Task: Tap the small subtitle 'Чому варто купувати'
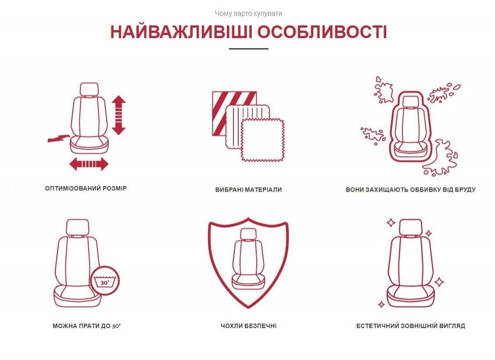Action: tap(248, 14)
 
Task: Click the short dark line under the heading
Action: tap(249, 49)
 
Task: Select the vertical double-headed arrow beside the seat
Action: tap(118, 115)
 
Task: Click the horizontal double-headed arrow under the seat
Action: tap(89, 164)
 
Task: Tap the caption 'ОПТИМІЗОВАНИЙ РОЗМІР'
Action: tap(86, 189)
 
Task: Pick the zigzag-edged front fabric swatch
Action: tap(263, 140)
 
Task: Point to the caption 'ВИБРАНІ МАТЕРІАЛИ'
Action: tap(248, 189)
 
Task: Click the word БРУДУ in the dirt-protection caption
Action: tap(464, 189)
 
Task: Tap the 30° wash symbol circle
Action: tap(105, 281)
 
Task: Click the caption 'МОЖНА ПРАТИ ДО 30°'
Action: tap(87, 326)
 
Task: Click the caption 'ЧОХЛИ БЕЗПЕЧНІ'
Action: tap(248, 326)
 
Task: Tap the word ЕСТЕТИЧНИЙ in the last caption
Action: tap(377, 326)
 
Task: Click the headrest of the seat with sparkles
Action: tap(411, 227)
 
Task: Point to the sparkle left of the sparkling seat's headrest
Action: tap(391, 223)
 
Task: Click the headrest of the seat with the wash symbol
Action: tap(78, 228)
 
